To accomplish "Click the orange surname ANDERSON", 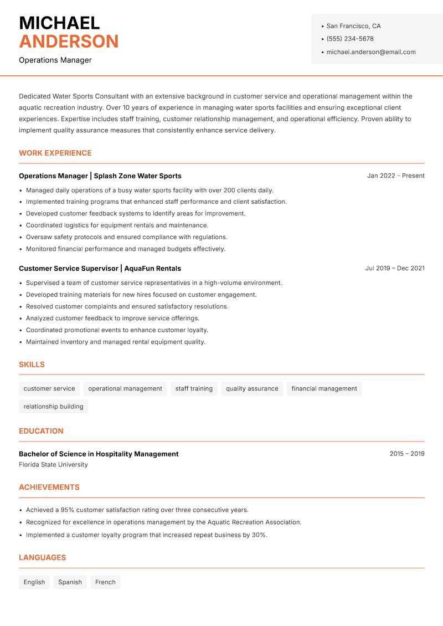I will pos(69,42).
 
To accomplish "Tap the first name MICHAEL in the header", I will pos(59,23).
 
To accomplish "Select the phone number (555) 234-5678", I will pos(350,39).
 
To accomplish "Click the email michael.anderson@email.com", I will pos(370,52).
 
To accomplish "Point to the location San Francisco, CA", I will pos(353,26).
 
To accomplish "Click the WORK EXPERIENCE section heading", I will pos(55,153).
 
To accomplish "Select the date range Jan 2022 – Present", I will pos(395,176).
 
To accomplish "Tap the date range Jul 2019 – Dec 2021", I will pos(395,268).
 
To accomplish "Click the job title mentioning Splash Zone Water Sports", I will pos(100,176).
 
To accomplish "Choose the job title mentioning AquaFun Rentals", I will pos(100,268).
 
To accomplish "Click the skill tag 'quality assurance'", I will pos(252,389).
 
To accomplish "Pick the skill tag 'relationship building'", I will pos(53,407).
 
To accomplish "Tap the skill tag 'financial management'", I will pos(324,389).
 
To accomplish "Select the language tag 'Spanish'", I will pos(70,582).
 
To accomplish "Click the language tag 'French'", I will pos(105,582).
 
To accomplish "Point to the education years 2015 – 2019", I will pos(406,454).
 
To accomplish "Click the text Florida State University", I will pos(53,465).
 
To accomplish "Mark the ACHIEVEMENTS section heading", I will pos(49,488).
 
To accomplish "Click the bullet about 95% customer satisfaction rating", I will pos(137,510).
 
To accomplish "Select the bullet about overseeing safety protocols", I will pos(127,237).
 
